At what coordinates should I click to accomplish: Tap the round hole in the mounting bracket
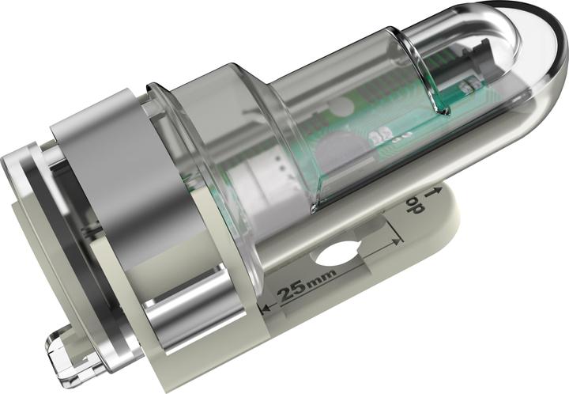[x=335, y=253]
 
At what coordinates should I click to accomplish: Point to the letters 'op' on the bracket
[x=412, y=207]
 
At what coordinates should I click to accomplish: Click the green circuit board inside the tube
[x=371, y=127]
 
